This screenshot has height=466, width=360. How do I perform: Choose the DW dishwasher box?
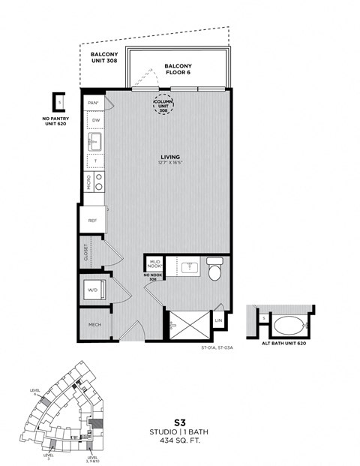pyautogui.click(x=95, y=120)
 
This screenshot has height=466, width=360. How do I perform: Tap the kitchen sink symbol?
pyautogui.click(x=94, y=140)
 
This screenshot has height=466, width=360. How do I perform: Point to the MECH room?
pyautogui.click(x=94, y=324)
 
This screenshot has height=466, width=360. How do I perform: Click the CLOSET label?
pyautogui.click(x=87, y=252)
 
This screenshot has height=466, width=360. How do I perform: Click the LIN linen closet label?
pyautogui.click(x=219, y=321)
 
